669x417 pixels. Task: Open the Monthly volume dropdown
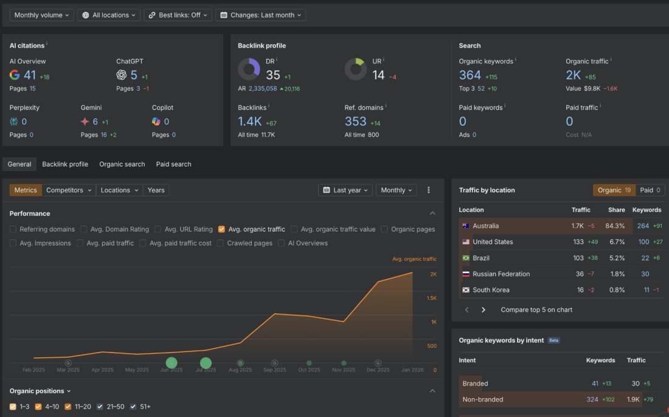click(x=42, y=15)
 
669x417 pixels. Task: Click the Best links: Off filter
click(x=178, y=15)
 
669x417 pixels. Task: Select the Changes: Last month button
click(x=260, y=15)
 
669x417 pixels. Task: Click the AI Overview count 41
click(x=30, y=75)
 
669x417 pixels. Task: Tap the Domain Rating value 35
click(x=273, y=75)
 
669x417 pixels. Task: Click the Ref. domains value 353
click(x=356, y=122)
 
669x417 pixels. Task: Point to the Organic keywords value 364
click(x=470, y=75)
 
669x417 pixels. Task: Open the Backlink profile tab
click(x=65, y=164)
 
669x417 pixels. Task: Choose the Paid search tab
click(x=173, y=164)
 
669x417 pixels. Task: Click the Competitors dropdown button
click(x=69, y=190)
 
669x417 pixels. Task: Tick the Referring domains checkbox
click(x=13, y=229)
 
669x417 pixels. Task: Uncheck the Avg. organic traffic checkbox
click(x=222, y=229)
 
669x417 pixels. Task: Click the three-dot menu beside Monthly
click(x=429, y=190)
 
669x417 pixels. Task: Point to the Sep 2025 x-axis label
click(x=275, y=370)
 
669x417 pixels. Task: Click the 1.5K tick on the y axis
click(x=431, y=298)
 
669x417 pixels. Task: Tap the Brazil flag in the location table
click(x=466, y=258)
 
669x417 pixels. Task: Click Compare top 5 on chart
click(x=536, y=309)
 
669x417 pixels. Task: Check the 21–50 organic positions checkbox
click(x=100, y=407)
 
